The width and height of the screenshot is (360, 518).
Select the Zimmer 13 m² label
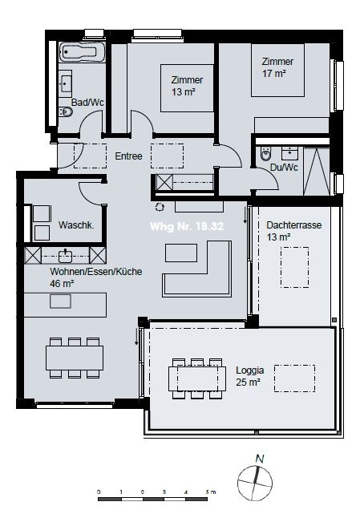click(187, 86)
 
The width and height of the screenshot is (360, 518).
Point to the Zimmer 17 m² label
click(277, 67)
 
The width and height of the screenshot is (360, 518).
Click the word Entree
click(129, 156)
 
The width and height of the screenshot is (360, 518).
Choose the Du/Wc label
click(285, 167)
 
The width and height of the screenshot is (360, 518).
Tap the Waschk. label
click(76, 225)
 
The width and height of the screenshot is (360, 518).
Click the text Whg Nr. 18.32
click(186, 227)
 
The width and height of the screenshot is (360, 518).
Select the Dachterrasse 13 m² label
click(293, 232)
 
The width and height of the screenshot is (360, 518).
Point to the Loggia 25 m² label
click(249, 377)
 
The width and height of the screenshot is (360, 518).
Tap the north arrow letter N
click(258, 459)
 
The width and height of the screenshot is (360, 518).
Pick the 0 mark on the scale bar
click(99, 490)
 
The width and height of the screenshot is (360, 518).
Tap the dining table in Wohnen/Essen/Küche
click(75, 354)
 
